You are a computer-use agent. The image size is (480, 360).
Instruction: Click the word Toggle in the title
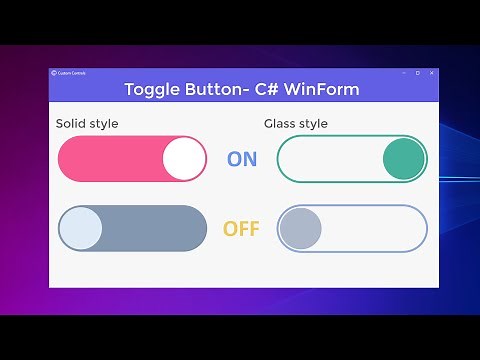coord(151,89)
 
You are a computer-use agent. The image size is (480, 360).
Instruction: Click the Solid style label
coord(87,124)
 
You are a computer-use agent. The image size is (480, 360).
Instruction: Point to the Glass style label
coord(295,124)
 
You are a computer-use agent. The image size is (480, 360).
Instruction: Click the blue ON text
coord(242,159)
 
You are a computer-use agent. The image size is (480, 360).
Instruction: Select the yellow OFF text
coord(241,229)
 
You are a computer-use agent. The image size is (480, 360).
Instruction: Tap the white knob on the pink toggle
coord(183,159)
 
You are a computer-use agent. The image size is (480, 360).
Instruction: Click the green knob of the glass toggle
coord(404,159)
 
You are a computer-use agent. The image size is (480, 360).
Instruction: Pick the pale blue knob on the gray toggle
coord(81,229)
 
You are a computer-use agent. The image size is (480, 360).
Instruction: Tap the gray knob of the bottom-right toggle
coord(300,229)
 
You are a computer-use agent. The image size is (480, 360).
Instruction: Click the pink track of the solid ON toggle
coord(110,159)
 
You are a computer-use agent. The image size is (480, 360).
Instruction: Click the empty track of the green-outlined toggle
coord(330,159)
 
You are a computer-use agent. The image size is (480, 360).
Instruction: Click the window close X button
coord(432,73)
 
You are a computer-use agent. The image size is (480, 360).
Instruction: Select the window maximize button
coord(417,73)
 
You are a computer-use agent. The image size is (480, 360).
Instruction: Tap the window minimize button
coord(402,73)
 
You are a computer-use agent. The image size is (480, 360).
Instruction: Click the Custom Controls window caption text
coord(73,73)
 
